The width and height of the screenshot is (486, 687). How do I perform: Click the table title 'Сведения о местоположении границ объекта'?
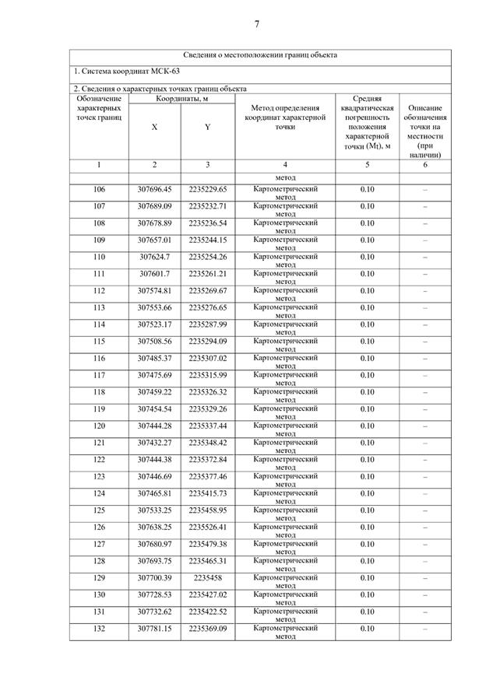pos(260,56)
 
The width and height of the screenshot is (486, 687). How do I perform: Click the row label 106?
pos(99,189)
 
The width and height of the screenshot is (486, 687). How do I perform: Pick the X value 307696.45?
pos(154,189)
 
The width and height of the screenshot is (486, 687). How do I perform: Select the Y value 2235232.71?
pos(207,206)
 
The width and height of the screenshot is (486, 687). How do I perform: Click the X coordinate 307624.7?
pos(154,257)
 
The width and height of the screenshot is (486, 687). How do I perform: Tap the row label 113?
pos(99,307)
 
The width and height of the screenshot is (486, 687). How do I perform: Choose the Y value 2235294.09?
pos(207,341)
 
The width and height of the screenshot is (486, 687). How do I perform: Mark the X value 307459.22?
pos(154,392)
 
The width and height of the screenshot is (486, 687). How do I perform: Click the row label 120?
pos(99,426)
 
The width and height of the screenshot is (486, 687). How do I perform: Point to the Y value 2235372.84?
pos(207,459)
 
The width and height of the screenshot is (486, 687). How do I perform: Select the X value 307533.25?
pos(154,510)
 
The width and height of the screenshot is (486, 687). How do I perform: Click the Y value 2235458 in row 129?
pos(207,577)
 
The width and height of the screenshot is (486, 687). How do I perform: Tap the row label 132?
pos(99,628)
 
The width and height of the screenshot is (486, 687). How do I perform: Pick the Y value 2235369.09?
pos(207,628)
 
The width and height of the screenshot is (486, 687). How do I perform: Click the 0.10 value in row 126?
pos(367,527)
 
